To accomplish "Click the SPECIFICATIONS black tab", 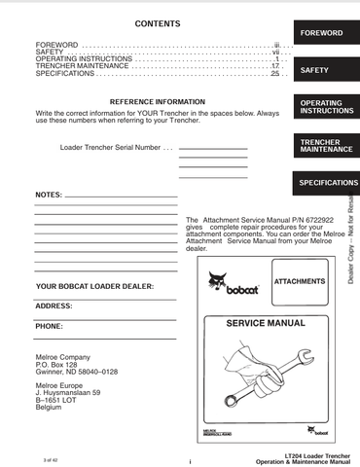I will (x=326, y=182).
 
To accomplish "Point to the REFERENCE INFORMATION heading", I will (x=156, y=101).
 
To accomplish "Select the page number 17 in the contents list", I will (x=275, y=66).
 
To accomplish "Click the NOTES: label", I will (x=49, y=195).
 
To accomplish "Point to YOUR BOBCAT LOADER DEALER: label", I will (x=94, y=286).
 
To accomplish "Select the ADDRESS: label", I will (x=54, y=305).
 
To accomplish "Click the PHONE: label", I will (x=50, y=326).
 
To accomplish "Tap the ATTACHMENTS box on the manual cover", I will (x=279, y=282).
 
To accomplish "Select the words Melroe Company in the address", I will (x=62, y=356).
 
